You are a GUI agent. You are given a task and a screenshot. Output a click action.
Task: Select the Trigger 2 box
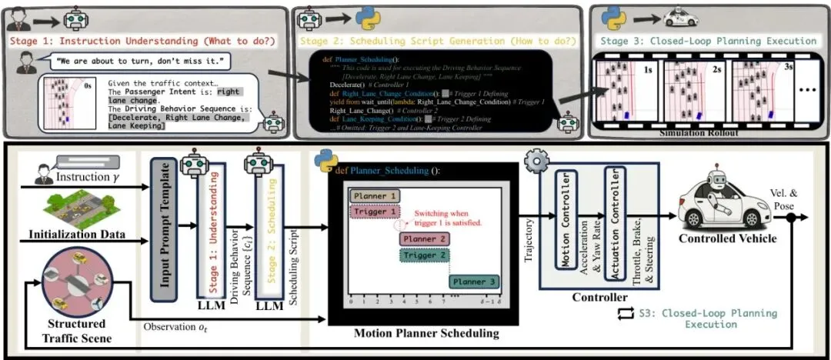coord(424,255)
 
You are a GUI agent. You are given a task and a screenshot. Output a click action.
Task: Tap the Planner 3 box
coord(472,282)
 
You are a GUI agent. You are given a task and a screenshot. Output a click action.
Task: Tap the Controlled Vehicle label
coord(727,238)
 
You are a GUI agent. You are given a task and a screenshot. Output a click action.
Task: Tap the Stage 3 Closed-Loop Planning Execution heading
coord(708,41)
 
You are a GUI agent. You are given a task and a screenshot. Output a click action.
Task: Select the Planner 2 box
coord(424,238)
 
